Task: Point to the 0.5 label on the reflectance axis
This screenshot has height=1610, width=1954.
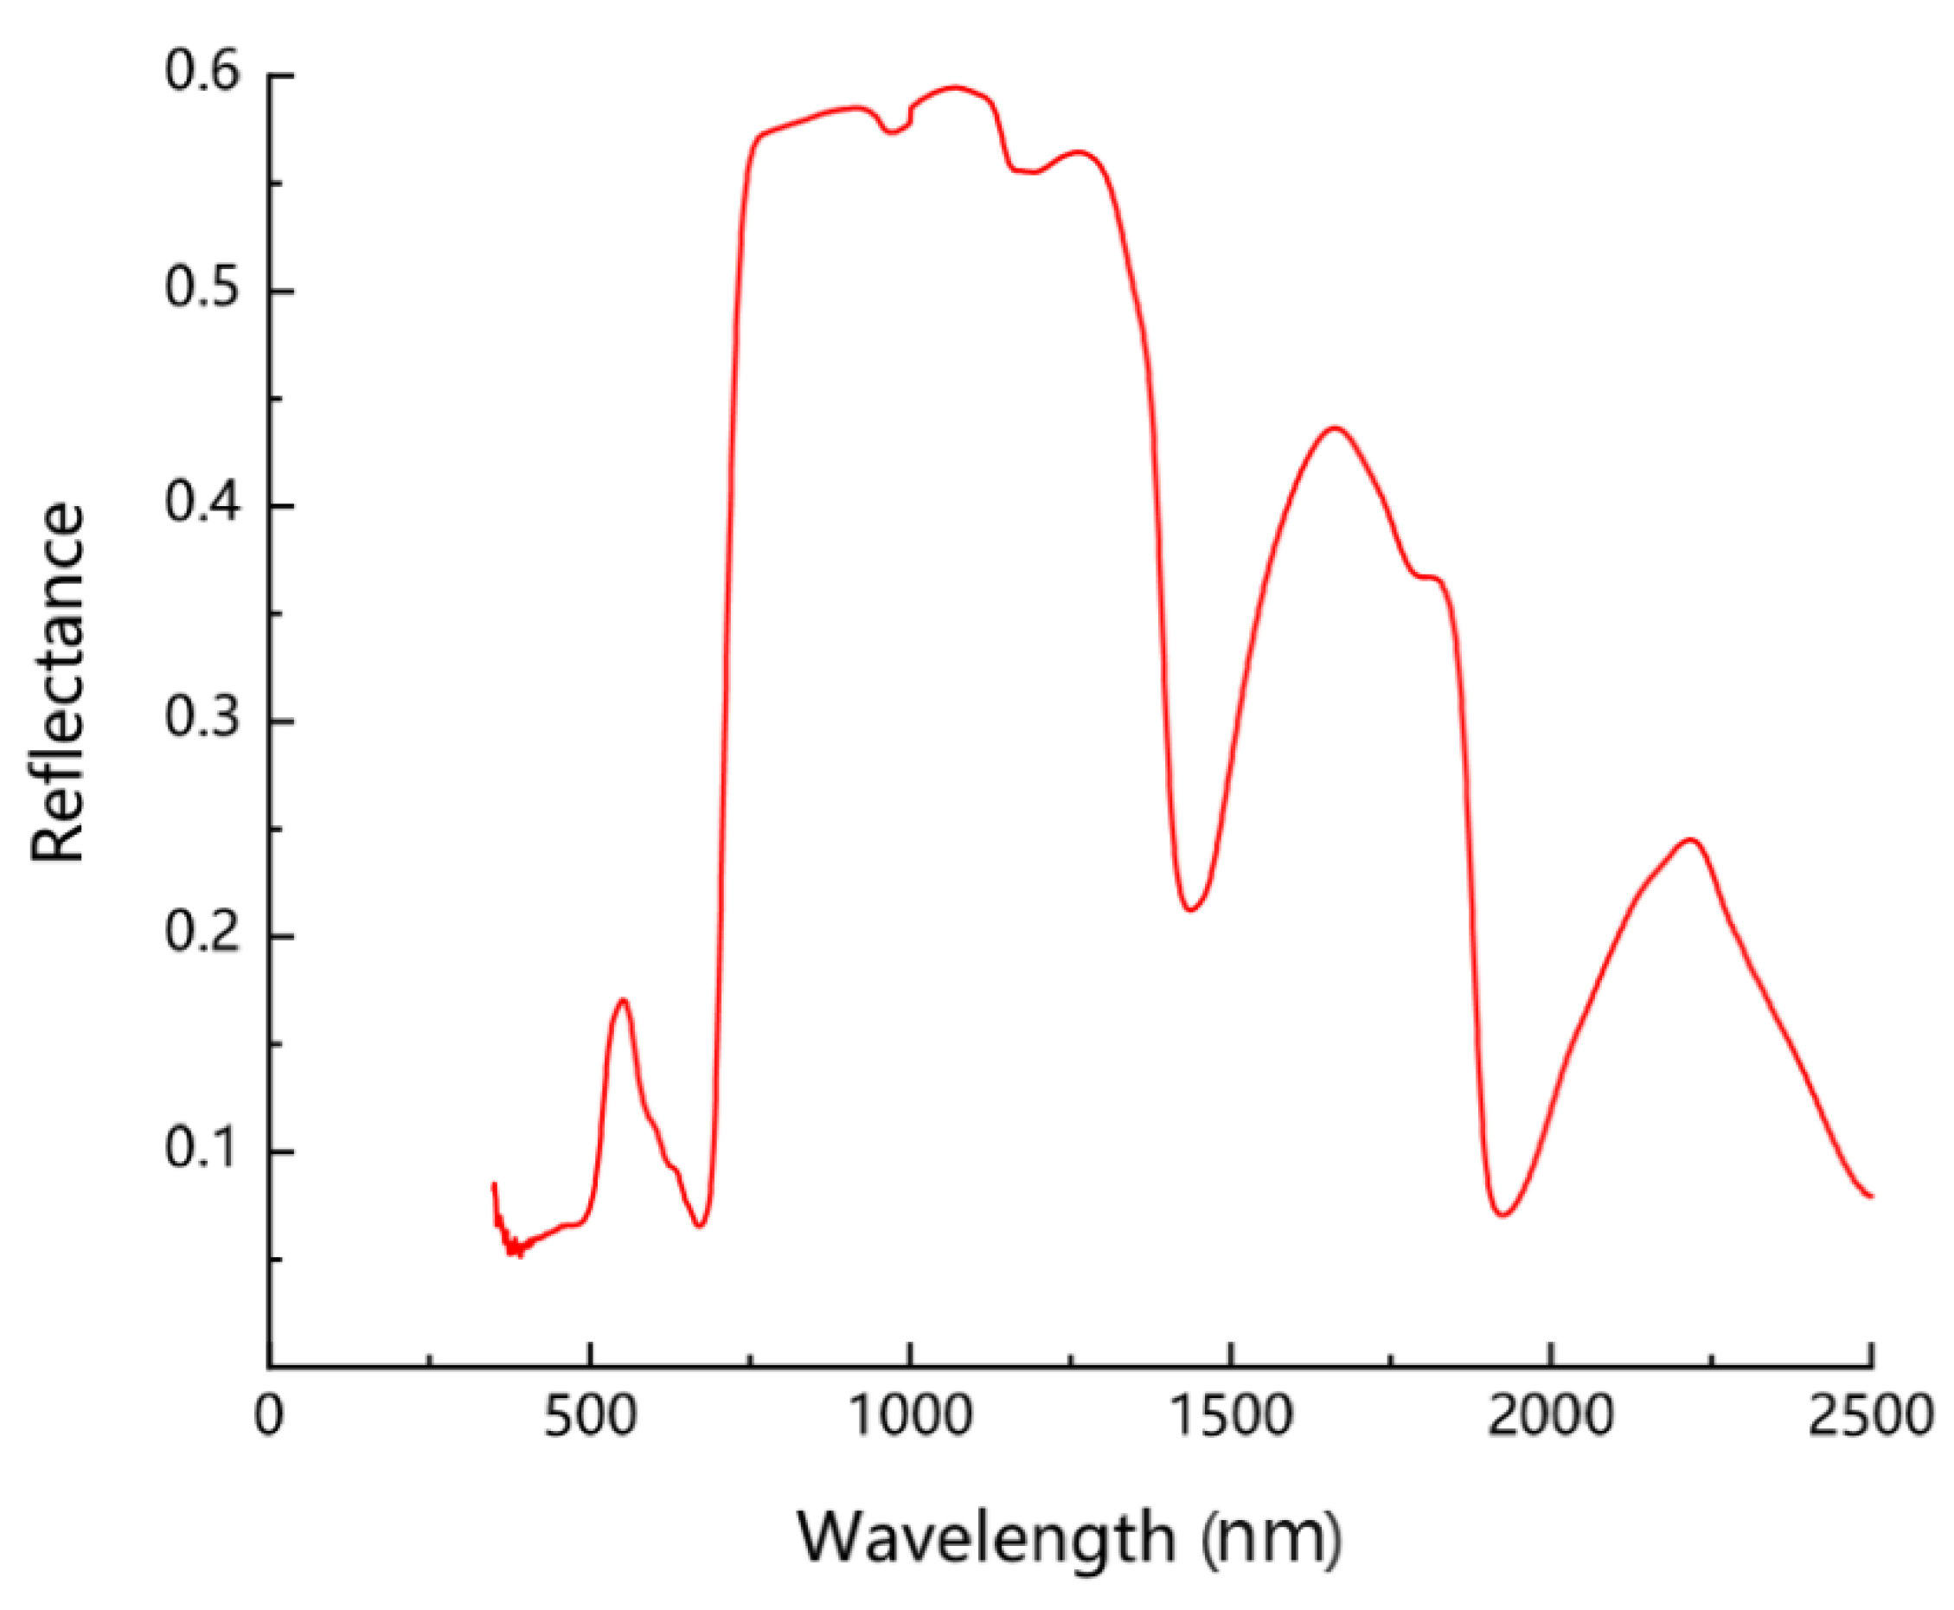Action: click(203, 288)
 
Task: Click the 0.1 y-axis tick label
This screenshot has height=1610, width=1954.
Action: click(203, 1149)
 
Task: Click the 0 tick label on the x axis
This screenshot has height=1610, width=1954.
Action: click(269, 1417)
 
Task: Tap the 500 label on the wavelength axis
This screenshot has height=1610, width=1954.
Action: click(590, 1417)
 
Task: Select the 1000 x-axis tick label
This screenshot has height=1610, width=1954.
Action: click(910, 1417)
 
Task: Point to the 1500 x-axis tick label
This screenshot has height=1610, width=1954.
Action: click(1231, 1417)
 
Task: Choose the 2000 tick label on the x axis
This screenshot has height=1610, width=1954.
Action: click(1551, 1417)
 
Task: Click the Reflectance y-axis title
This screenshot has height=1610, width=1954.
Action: click(57, 683)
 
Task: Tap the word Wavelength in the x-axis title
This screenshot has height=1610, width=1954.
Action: click(986, 1537)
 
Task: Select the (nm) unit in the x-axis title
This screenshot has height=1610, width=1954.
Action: click(1271, 1537)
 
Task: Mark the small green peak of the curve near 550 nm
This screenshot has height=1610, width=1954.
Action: click(622, 1000)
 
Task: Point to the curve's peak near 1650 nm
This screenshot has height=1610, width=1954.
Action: click(1334, 427)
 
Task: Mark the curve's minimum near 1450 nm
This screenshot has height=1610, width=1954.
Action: click(1191, 909)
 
